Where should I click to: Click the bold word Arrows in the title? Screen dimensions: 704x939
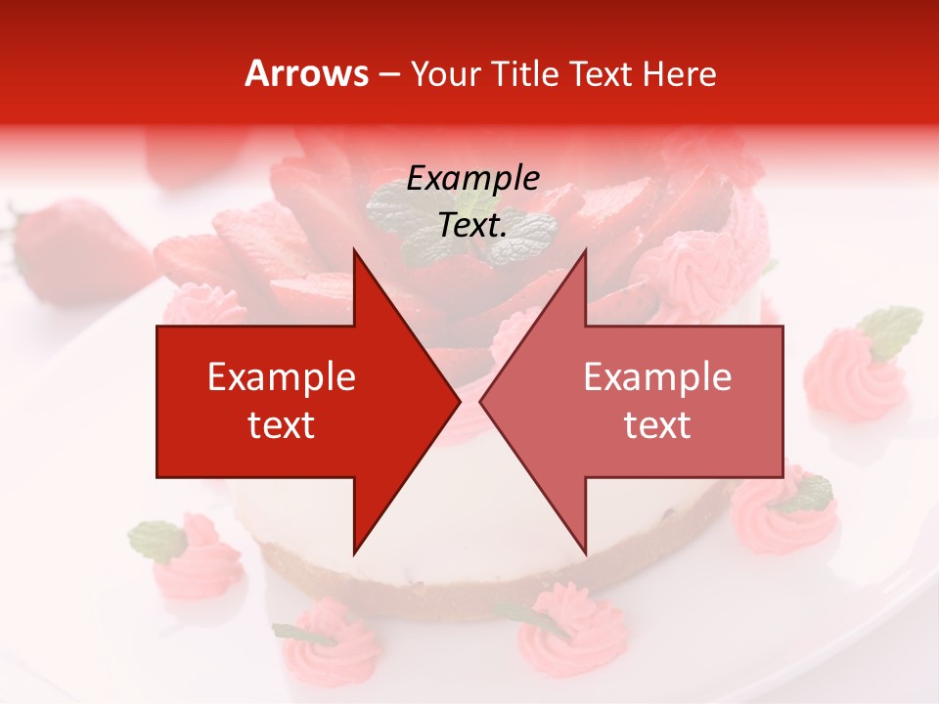[x=306, y=73]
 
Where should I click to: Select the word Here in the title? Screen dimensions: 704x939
[x=679, y=74]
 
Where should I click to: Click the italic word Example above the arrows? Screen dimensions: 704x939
[x=472, y=179]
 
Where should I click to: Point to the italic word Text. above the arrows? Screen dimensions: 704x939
[x=472, y=226]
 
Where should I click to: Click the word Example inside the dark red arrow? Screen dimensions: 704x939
[x=282, y=377]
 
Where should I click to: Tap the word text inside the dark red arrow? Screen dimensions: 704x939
[x=282, y=425]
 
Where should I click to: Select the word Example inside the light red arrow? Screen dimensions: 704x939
[x=657, y=377]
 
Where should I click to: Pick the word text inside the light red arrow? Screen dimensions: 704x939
[x=657, y=425]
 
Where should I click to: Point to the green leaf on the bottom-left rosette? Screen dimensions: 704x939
[x=156, y=539]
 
